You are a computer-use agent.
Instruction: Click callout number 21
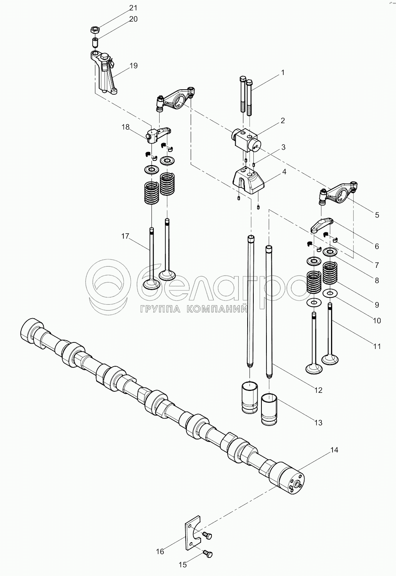coord(133,8)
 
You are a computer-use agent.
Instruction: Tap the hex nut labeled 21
coord(95,29)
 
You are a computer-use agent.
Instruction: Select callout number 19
coord(133,65)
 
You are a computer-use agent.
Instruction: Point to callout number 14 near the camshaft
coord(334,449)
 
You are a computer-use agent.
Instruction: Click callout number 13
coord(318,422)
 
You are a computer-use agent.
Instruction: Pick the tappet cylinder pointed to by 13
coord(269,410)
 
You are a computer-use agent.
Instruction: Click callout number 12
coord(318,390)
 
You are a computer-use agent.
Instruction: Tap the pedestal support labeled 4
coord(249,180)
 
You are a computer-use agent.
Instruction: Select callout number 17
coord(125,236)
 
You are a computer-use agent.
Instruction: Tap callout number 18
coord(126,127)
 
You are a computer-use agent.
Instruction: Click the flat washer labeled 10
coord(329,293)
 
